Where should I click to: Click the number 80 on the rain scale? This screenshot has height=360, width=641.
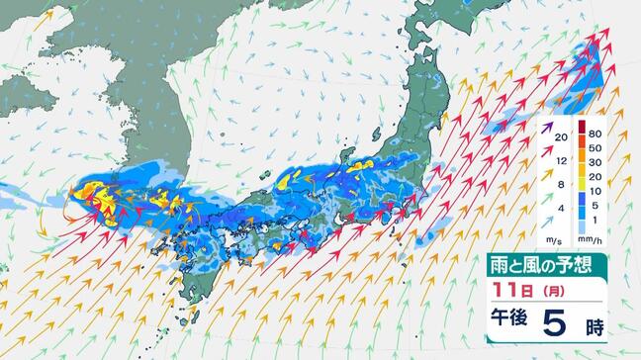click(x=595, y=132)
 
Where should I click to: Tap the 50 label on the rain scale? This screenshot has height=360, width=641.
click(x=595, y=147)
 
